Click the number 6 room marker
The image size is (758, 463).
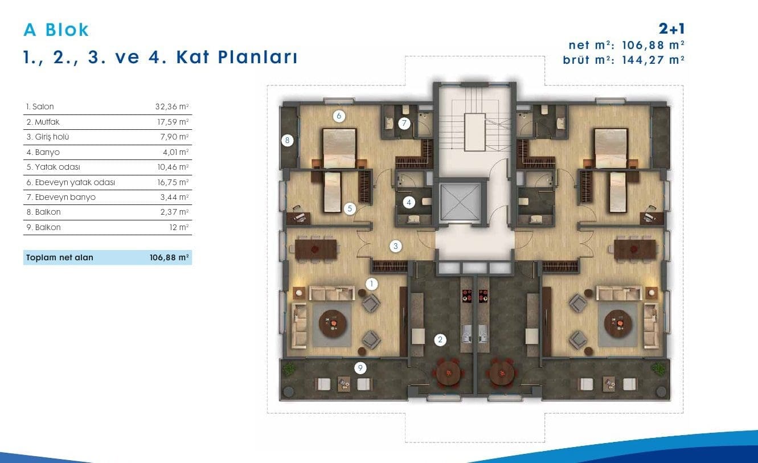coord(339,116)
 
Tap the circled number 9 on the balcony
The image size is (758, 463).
coord(360,368)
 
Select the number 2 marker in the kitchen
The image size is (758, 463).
coord(440,340)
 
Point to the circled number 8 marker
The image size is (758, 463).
coord(287,140)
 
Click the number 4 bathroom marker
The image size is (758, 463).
coord(409,203)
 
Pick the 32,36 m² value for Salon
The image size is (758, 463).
coord(172,106)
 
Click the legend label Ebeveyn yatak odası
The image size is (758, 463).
coord(71,182)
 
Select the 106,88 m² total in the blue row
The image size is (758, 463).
coord(169,257)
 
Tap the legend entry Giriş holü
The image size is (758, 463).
coord(48,137)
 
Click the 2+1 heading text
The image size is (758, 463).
coord(671,29)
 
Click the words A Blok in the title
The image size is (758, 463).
coord(56,30)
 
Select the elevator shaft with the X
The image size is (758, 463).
coord(460,202)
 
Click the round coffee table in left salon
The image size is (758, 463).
coord(333,323)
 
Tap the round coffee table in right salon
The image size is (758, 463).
coord(618,324)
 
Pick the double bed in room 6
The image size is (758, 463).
coord(339,148)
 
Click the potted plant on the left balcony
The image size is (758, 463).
coord(289,369)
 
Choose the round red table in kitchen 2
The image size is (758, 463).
coord(448,374)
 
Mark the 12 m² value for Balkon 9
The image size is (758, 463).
coord(179,227)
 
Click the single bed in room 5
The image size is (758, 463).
coord(332,192)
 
